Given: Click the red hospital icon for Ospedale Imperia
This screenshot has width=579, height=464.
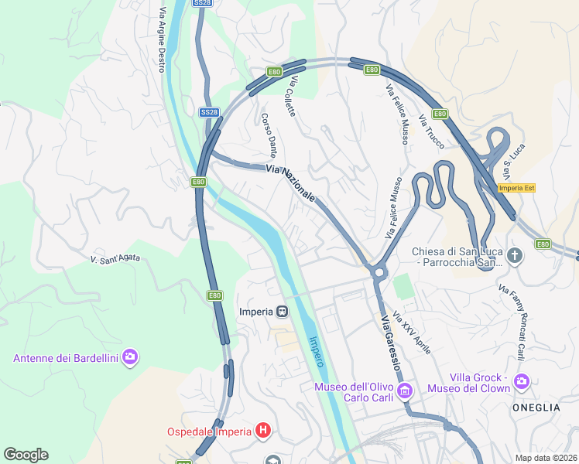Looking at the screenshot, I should tap(263, 431).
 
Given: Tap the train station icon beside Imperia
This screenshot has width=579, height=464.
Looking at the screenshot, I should tap(283, 312).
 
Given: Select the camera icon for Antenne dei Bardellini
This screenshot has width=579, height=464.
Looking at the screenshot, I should tap(130, 357).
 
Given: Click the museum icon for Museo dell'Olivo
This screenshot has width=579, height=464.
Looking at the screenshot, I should tap(404, 393).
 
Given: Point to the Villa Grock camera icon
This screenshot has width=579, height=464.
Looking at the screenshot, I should tap(522, 380).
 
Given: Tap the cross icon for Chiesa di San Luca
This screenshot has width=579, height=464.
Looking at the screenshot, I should tap(516, 254).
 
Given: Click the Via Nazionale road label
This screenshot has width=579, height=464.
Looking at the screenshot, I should tap(290, 183).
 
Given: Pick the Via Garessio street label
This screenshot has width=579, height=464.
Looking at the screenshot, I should tap(389, 341).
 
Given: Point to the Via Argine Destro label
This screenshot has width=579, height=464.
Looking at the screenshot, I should tap(162, 40).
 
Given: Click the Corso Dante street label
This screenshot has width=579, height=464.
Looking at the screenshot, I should tap(269, 135).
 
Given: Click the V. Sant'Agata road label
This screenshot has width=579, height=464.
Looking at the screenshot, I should tap(115, 258).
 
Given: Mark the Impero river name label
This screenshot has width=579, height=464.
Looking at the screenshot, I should tap(316, 351).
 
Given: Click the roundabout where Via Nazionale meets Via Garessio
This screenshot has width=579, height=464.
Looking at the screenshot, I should tap(379, 271).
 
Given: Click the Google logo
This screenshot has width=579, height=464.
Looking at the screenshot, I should tap(26, 455).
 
